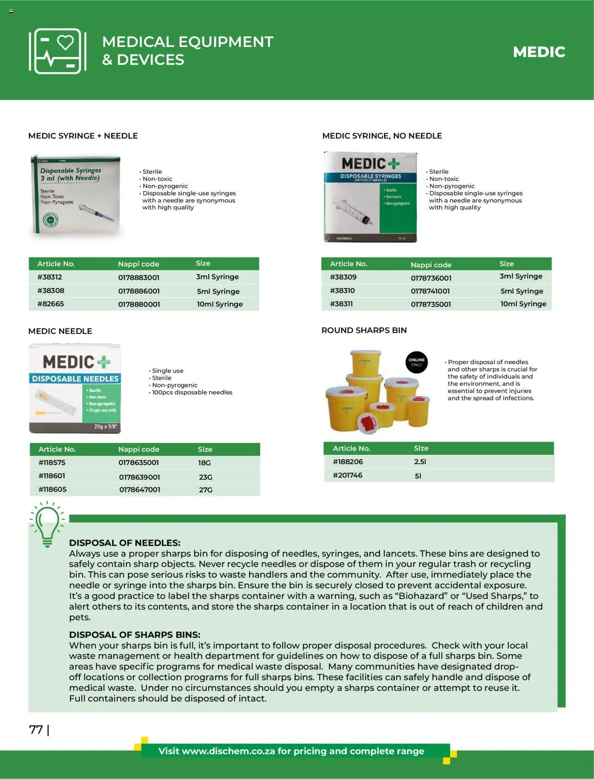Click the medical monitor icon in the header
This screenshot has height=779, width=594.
pyautogui.click(x=58, y=51)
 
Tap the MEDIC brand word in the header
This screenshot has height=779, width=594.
pyautogui.click(x=539, y=52)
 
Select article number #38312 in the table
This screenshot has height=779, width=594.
pyautogui.click(x=50, y=277)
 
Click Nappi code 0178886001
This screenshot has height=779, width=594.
pyautogui.click(x=139, y=291)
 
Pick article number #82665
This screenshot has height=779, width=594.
pyautogui.click(x=51, y=304)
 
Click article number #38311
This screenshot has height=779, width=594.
pyautogui.click(x=341, y=304)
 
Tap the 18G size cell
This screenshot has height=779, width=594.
pyautogui.click(x=204, y=463)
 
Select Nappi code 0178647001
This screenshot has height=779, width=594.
pyautogui.click(x=140, y=490)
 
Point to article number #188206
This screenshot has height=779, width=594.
pyautogui.click(x=348, y=462)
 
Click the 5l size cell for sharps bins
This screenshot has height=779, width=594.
pyautogui.click(x=418, y=476)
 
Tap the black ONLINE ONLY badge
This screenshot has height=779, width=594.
pyautogui.click(x=416, y=362)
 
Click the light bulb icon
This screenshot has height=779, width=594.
pyautogui.click(x=47, y=524)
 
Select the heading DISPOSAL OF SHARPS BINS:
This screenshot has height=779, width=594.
pyautogui.click(x=135, y=635)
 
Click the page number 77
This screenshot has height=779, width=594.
pyautogui.click(x=36, y=730)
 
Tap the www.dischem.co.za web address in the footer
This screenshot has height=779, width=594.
pyautogui.click(x=228, y=751)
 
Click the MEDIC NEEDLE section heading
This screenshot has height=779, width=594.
pyautogui.click(x=60, y=331)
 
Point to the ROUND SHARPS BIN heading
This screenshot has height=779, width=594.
pyautogui.click(x=364, y=330)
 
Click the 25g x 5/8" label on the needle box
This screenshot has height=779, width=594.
pyautogui.click(x=105, y=426)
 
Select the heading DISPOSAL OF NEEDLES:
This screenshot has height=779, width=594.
pyautogui.click(x=124, y=543)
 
